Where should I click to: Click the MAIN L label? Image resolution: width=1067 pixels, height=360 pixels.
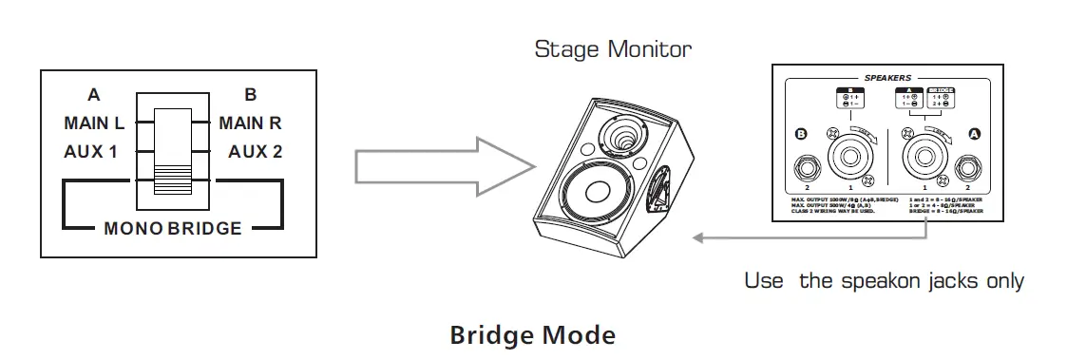pyautogui.click(x=95, y=123)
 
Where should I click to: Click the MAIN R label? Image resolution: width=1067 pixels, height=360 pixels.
pyautogui.click(x=250, y=123)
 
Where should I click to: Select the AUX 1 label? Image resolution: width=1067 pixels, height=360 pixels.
pyautogui.click(x=97, y=151)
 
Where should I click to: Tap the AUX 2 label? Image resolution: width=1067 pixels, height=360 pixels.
pyautogui.click(x=256, y=151)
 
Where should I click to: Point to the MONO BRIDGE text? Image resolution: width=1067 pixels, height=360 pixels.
pyautogui.click(x=172, y=228)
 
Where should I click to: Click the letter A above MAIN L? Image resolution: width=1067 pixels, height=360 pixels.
pyautogui.click(x=93, y=95)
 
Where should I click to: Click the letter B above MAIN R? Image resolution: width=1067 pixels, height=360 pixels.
pyautogui.click(x=250, y=95)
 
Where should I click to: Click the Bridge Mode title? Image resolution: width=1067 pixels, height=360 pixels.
pyautogui.click(x=532, y=335)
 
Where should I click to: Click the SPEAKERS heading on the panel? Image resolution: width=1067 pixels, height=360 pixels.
pyautogui.click(x=888, y=77)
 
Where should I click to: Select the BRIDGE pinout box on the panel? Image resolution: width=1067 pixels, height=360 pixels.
pyautogui.click(x=942, y=97)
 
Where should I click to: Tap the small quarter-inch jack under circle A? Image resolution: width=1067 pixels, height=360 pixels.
pyautogui.click(x=970, y=167)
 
